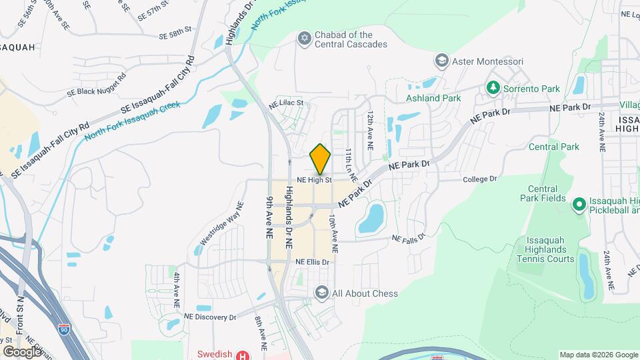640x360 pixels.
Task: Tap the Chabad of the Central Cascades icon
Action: [x=305, y=39]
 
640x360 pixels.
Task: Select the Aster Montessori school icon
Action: [x=441, y=61]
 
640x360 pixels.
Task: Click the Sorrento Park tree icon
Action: [x=493, y=87]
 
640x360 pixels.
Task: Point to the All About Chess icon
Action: [x=322, y=293]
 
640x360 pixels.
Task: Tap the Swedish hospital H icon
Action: [x=243, y=355]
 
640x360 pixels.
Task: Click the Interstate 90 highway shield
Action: [x=63, y=329]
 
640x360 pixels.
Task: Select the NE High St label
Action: [x=314, y=180]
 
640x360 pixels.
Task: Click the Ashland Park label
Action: [x=433, y=98]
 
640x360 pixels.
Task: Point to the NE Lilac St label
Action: [x=286, y=104]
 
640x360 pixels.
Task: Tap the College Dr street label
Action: [x=480, y=179]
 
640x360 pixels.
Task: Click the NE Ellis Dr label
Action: [x=313, y=263]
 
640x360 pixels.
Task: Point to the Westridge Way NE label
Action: [x=222, y=223]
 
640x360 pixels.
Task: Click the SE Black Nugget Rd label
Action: [x=96, y=86]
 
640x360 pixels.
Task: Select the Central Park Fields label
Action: [x=542, y=193]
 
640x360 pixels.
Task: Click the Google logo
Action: [x=22, y=351]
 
